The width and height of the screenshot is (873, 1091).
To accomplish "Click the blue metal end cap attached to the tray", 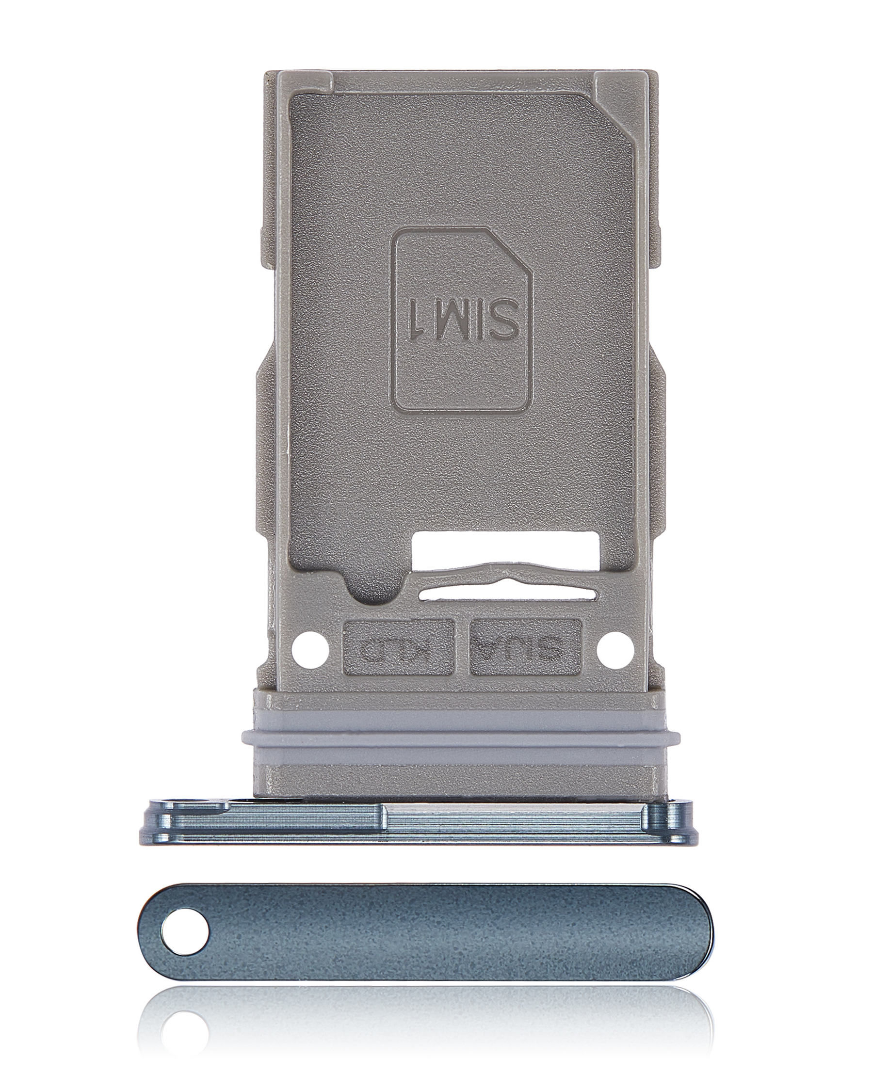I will click(420, 820).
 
